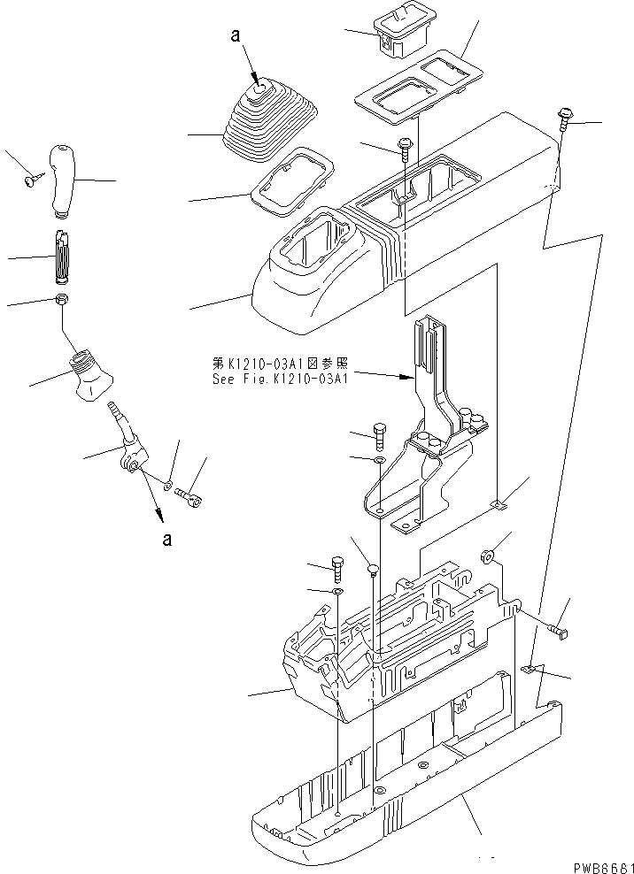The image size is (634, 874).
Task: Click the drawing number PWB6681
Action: tap(594, 864)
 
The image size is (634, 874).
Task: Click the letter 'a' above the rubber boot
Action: tap(234, 37)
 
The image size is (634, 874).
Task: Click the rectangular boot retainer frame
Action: tap(293, 182)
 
